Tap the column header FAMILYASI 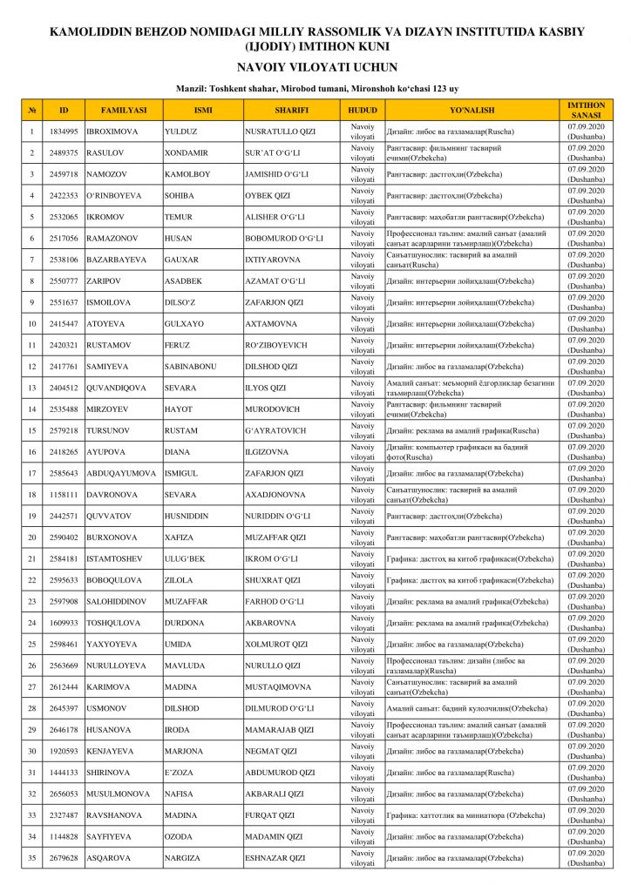[123, 111]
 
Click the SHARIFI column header [291, 111]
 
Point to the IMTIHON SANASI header [585, 110]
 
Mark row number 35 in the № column [31, 858]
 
